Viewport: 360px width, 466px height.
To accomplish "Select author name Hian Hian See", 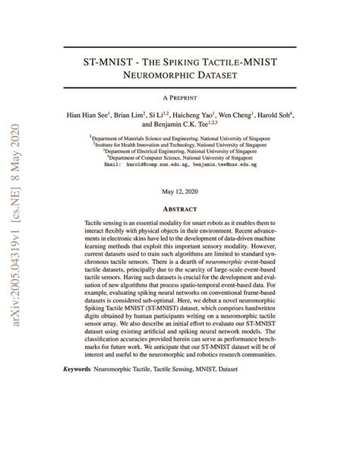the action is click(88, 116).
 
